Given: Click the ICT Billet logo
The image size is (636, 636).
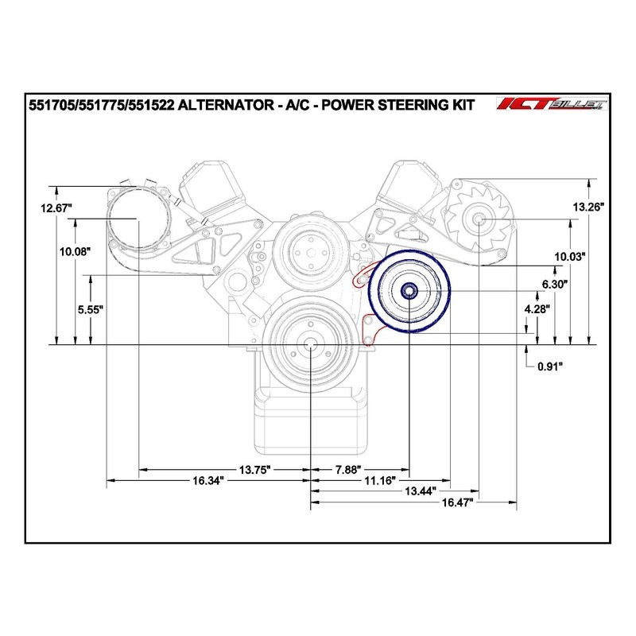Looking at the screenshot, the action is point(552,104).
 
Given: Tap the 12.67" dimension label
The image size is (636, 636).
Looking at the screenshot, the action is point(56,208).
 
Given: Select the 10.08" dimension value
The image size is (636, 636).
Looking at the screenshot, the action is point(75,252).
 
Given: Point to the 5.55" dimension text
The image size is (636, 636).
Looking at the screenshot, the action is point(91,310).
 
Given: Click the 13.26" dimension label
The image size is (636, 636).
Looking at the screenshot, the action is point(588,207).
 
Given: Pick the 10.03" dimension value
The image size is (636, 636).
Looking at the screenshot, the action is point(570,256).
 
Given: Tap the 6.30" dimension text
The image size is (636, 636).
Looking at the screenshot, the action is point(554,285).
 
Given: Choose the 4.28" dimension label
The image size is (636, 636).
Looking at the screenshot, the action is point(537,309).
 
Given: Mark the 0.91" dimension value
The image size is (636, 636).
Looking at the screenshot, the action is point(550,366).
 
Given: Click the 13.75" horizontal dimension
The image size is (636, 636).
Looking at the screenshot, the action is point(254,470).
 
